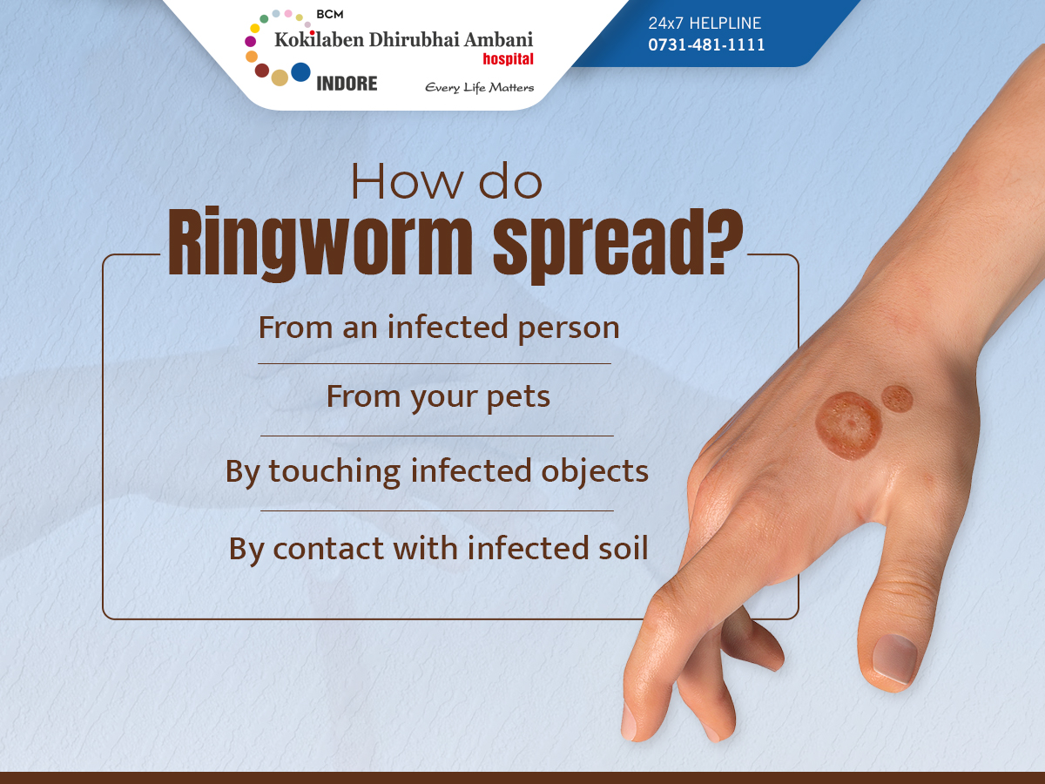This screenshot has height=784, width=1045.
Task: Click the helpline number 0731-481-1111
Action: click(706, 44)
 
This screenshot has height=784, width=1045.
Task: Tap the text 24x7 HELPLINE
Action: click(705, 23)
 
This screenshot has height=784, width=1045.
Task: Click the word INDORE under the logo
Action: click(347, 84)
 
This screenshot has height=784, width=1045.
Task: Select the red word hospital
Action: click(508, 58)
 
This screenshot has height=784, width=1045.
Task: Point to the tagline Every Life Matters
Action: click(480, 88)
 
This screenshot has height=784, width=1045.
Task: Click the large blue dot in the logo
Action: click(300, 72)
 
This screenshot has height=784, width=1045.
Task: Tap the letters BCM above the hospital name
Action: click(329, 14)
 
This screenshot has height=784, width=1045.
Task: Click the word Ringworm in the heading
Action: click(320, 243)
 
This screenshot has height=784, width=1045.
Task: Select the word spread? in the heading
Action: click(617, 244)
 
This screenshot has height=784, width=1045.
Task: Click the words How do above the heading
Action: click(447, 181)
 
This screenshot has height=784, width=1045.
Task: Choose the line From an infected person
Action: click(439, 328)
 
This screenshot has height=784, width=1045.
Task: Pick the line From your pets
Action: click(438, 396)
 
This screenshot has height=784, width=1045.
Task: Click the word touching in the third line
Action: click(334, 472)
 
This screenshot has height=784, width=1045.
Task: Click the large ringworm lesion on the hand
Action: click(848, 426)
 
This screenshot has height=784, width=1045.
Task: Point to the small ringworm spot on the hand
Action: click(897, 399)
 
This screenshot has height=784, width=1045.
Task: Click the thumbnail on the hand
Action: click(895, 659)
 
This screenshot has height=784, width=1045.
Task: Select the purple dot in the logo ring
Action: click(251, 42)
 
